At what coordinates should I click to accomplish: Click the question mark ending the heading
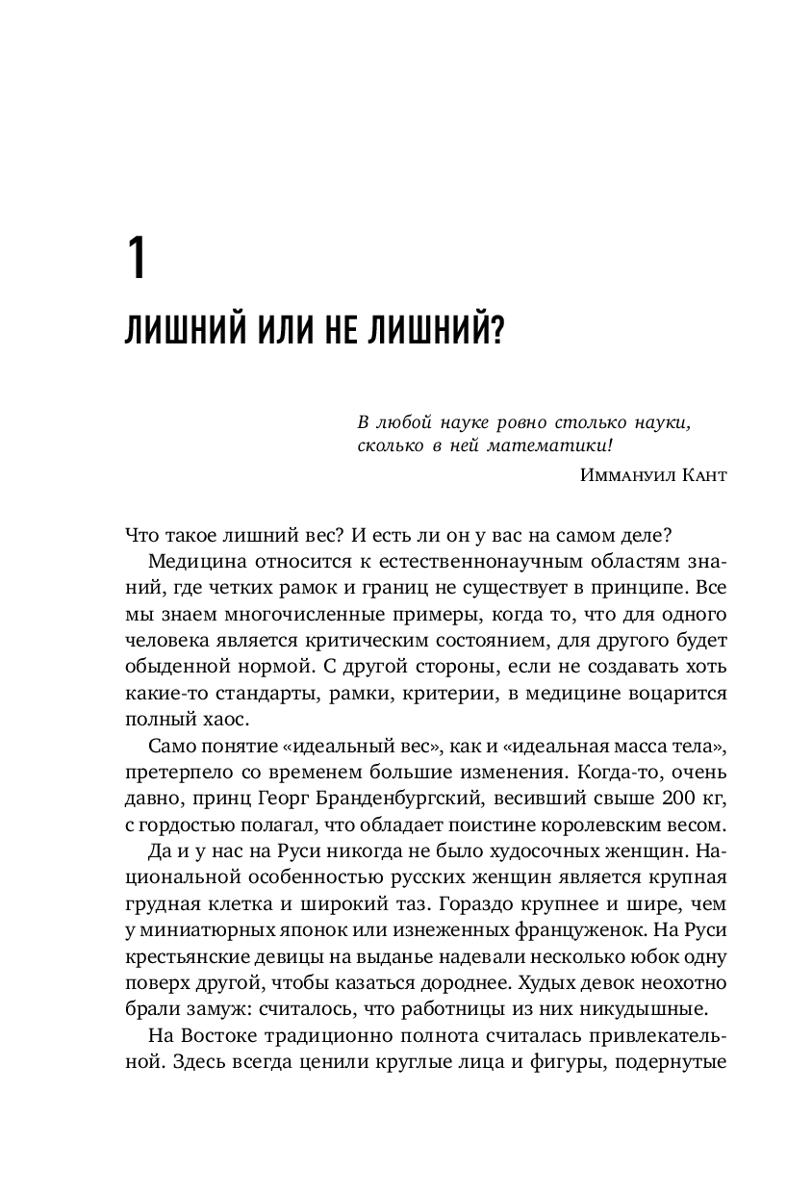tap(497, 333)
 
